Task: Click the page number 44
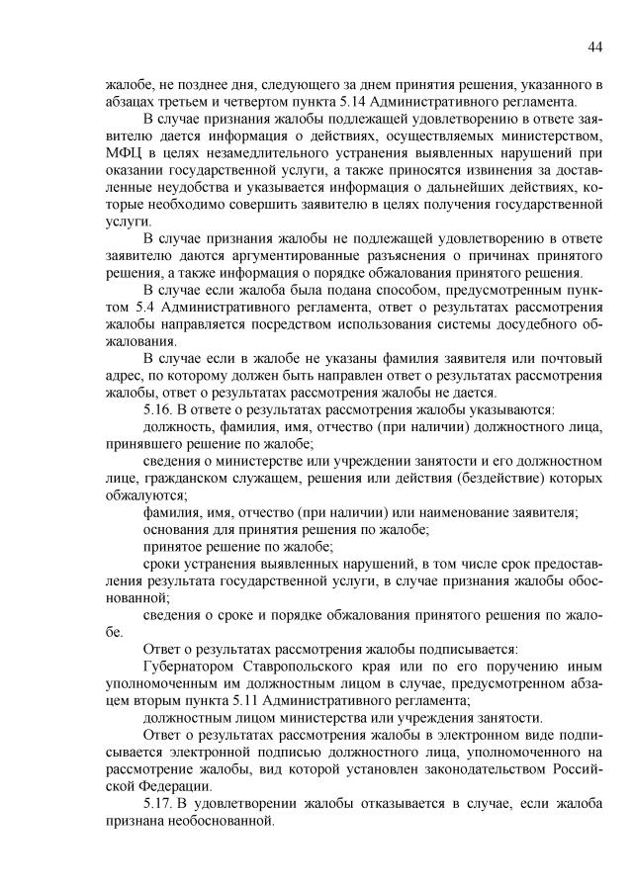(595, 46)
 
